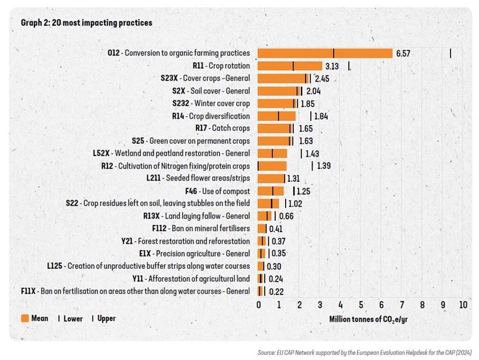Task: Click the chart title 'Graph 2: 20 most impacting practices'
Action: click(86, 23)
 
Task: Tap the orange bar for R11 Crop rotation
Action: click(290, 66)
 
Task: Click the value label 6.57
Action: click(403, 53)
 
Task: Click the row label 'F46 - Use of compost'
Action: click(217, 191)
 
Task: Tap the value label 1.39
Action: click(323, 166)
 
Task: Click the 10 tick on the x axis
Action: click(463, 304)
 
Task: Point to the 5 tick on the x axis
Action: click(361, 304)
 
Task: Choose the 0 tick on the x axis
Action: click(259, 304)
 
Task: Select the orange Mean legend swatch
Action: click(25, 319)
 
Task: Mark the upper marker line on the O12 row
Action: click(450, 53)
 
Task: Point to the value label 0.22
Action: click(276, 292)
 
